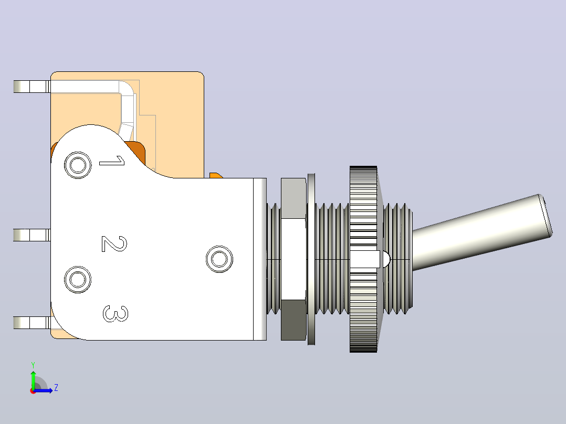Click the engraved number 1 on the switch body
point(112,161)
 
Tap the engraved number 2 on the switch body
point(114,244)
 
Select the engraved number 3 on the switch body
point(116,314)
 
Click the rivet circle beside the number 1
point(78,165)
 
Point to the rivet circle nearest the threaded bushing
point(219,259)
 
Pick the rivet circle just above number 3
point(78,279)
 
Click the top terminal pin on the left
point(32,87)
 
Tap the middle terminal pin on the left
point(32,235)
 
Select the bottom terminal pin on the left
point(32,323)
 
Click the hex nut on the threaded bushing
point(294,259)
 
